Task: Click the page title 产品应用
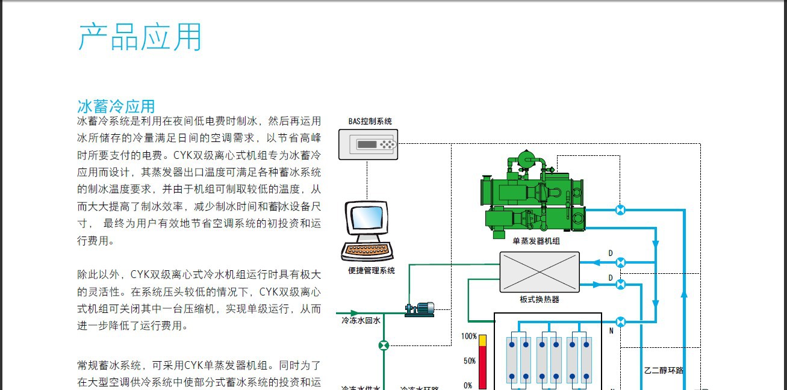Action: (140, 37)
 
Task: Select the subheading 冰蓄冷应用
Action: (116, 107)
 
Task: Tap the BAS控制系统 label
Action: (370, 122)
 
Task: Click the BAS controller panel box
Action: (368, 144)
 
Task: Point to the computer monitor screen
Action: (367, 218)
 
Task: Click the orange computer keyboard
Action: (367, 250)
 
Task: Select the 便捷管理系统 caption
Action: (372, 271)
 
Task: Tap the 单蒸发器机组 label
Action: (536, 241)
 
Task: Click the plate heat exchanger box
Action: (540, 272)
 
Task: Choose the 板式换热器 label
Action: (540, 300)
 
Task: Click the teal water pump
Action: (420, 309)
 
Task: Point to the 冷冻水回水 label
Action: (361, 321)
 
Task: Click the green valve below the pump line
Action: (384, 346)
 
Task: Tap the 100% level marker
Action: (469, 336)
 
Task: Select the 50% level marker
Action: (470, 361)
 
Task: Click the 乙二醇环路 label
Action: (664, 370)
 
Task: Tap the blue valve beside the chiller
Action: (620, 210)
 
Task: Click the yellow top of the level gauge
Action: (483, 341)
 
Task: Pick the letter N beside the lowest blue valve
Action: (611, 330)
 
